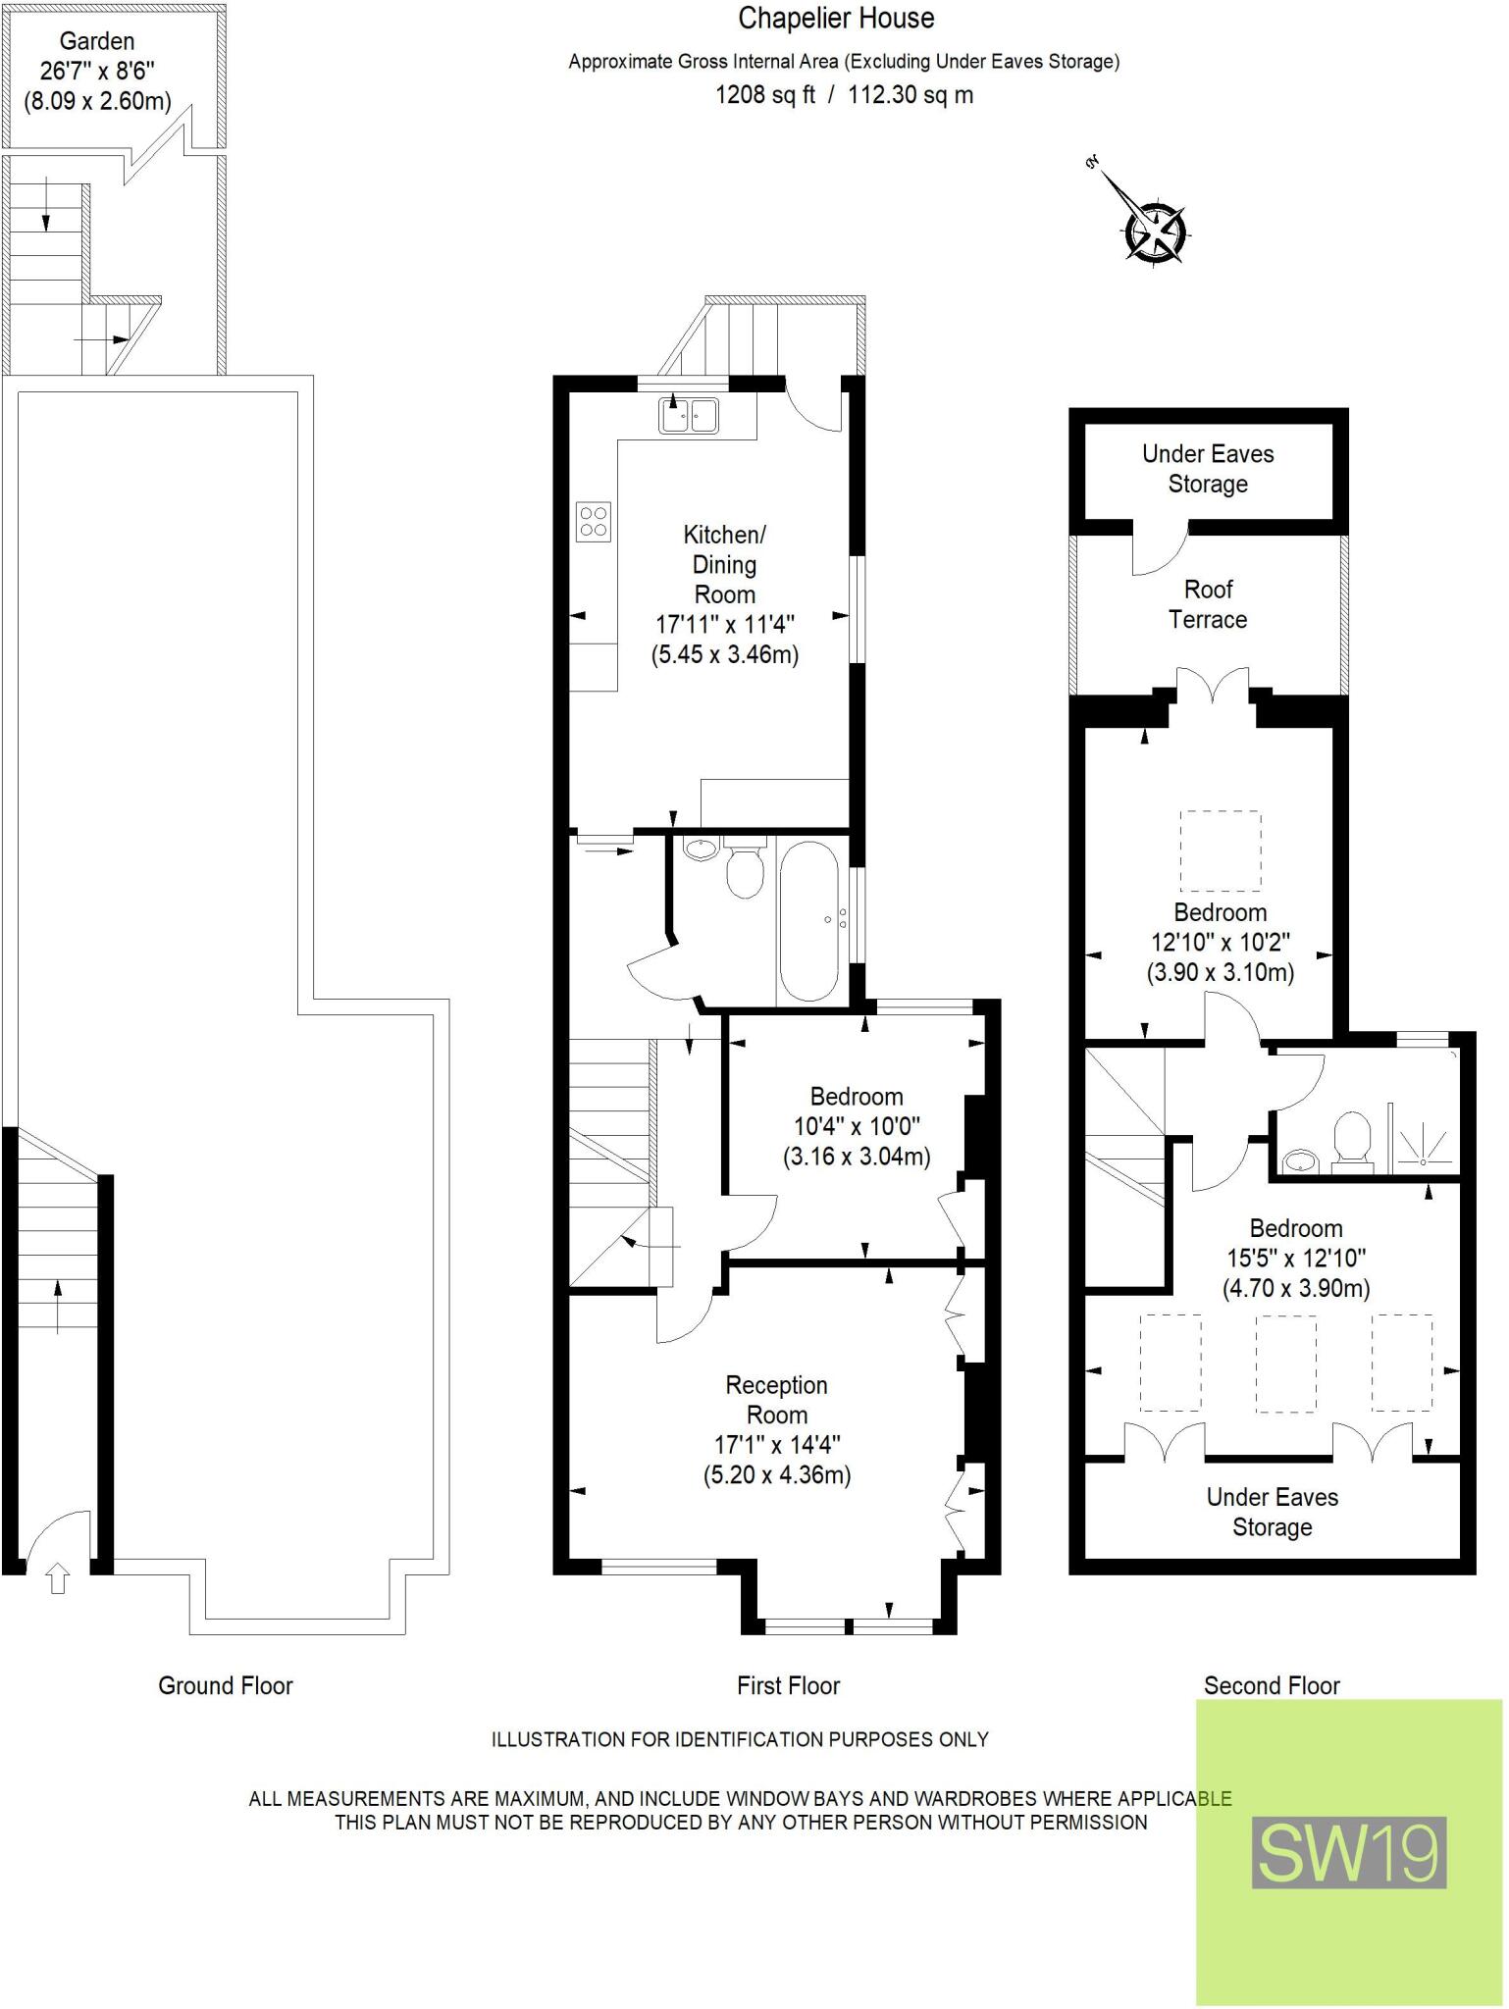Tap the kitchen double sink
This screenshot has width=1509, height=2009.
(x=689, y=416)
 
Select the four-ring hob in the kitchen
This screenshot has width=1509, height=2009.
(x=594, y=521)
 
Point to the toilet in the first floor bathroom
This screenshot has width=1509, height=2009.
(x=745, y=870)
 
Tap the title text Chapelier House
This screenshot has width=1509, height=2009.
(x=836, y=18)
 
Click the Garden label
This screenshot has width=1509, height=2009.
(x=97, y=41)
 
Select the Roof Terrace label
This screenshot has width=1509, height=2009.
(x=1208, y=604)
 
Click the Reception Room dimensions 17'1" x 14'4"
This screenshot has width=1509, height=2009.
(x=777, y=1444)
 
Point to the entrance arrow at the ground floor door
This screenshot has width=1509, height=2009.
(x=58, y=1579)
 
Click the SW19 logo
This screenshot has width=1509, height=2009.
(x=1349, y=1853)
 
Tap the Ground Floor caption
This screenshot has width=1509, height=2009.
(x=226, y=1685)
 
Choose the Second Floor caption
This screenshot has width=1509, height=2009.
(x=1272, y=1685)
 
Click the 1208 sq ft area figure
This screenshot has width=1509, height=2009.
(x=765, y=95)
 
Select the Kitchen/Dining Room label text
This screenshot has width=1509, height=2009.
(x=725, y=564)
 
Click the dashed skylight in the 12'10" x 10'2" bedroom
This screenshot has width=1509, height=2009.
(x=1221, y=850)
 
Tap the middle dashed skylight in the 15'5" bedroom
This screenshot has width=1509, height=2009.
(x=1285, y=1363)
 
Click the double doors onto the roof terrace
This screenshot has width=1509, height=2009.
(x=1214, y=686)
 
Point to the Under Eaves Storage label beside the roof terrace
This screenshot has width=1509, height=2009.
(x=1208, y=469)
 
